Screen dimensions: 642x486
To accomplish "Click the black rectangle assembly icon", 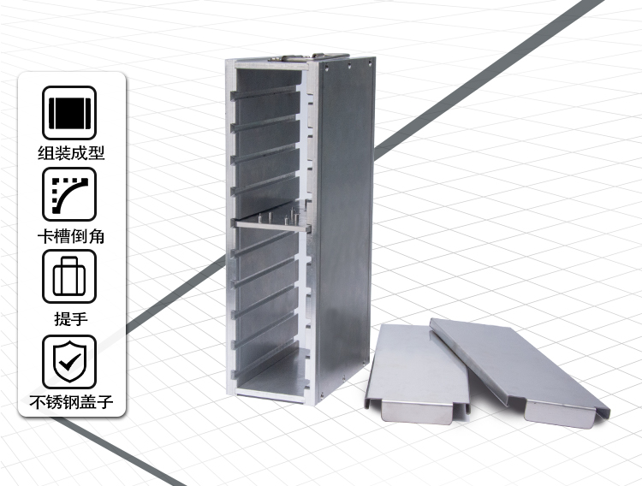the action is click(x=69, y=113).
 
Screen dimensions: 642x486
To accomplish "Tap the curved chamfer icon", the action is click(x=69, y=194).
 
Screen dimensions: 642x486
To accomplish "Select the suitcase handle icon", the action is click(x=69, y=276).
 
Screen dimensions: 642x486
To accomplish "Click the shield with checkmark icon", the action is click(x=69, y=362).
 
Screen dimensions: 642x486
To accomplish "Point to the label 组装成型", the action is click(x=71, y=153).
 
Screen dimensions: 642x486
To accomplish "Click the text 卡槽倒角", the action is click(x=71, y=236).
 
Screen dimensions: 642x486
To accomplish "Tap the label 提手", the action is click(x=71, y=318).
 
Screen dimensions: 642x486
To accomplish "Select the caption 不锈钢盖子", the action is click(x=71, y=402).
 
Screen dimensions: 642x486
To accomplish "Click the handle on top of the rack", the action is click(x=310, y=57).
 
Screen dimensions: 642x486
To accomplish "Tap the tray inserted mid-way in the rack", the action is click(x=272, y=225).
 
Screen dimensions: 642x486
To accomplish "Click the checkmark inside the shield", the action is click(x=69, y=361).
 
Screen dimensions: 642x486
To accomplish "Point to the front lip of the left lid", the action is click(x=418, y=411).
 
